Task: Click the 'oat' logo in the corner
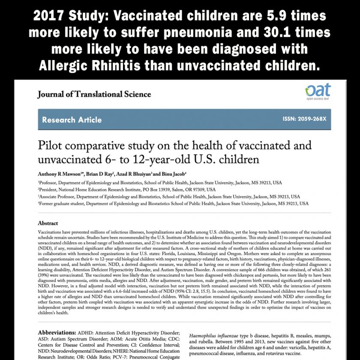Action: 318,91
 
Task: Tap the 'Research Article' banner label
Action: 72,120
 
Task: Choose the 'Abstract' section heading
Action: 48,223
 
